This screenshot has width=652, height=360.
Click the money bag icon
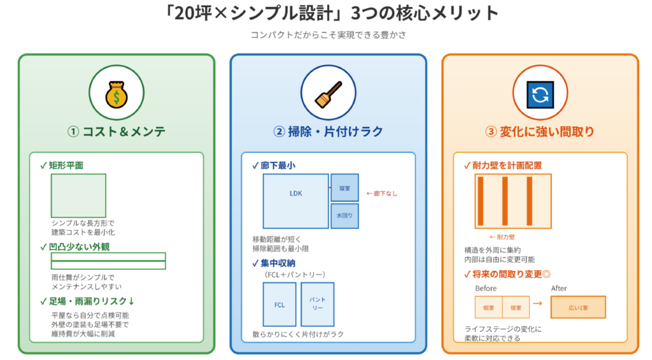click(x=116, y=94)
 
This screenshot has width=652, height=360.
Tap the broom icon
click(x=328, y=94)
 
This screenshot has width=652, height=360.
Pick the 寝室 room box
click(x=344, y=187)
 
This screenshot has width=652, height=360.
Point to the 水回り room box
click(x=344, y=216)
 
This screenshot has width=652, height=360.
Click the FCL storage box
click(x=280, y=305)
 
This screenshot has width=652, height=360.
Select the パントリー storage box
click(x=317, y=303)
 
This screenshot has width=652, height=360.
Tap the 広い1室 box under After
click(x=578, y=307)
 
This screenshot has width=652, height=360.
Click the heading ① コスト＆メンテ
click(x=116, y=132)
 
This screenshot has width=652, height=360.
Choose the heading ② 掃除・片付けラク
click(x=328, y=132)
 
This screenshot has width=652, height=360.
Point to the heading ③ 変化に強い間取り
click(x=540, y=132)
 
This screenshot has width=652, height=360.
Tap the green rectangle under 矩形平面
click(x=78, y=196)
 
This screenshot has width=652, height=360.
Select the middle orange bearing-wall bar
click(x=504, y=201)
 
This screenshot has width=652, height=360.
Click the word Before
click(x=486, y=288)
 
